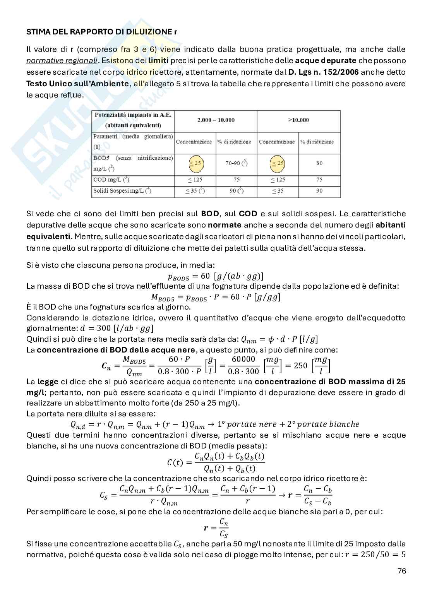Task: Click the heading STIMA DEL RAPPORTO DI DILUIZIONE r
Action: point(101,32)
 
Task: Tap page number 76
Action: point(401,571)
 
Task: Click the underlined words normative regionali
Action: point(62,61)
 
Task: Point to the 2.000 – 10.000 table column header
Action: point(216,120)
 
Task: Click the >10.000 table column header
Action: point(298,120)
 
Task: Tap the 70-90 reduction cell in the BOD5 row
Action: point(236,163)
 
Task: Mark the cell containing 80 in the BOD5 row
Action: point(319,163)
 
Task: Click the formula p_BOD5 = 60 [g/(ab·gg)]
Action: point(216,276)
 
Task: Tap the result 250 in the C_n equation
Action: point(300,366)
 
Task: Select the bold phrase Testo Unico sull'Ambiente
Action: point(77,84)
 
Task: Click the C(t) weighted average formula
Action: point(216,462)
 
